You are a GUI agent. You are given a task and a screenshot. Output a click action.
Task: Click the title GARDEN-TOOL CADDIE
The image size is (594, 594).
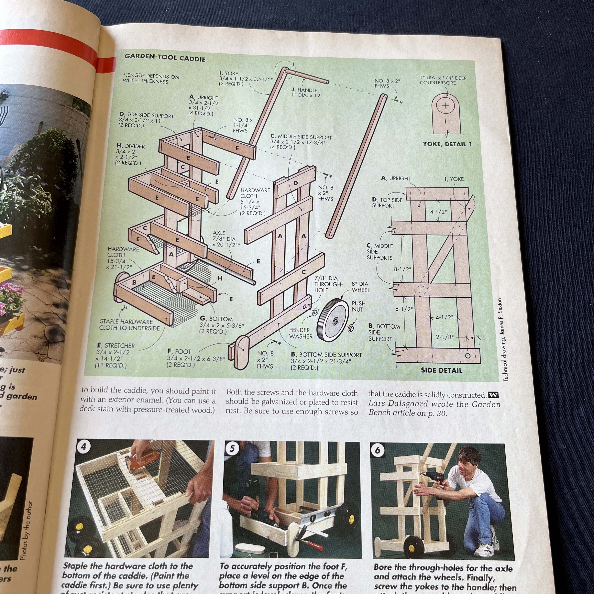click(x=165, y=58)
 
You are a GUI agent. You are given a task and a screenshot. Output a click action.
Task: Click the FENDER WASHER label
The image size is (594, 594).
click(x=301, y=333)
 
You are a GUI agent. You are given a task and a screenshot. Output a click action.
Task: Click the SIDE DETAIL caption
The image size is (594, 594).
click(x=442, y=370)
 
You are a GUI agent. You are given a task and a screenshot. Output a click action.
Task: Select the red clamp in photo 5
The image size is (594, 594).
click(x=311, y=546)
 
